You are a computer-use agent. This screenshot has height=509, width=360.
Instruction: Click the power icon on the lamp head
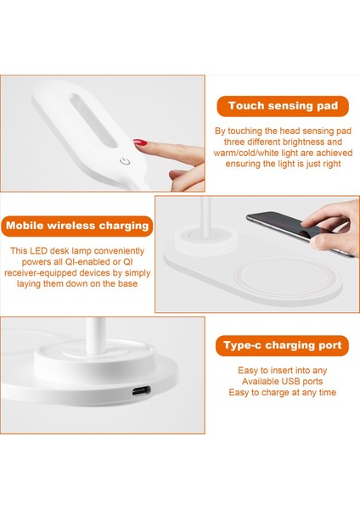(x=125, y=161)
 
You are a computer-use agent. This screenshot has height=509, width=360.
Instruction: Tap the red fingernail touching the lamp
(x=140, y=143)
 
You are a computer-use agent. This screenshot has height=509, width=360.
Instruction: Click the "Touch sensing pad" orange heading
(x=283, y=106)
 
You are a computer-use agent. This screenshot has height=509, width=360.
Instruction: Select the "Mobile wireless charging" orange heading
(x=77, y=226)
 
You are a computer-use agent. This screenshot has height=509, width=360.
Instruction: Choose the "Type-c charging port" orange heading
(x=283, y=345)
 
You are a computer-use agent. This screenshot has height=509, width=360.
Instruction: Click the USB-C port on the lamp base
(x=141, y=390)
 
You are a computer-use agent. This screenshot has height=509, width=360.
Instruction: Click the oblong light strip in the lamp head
(x=93, y=120)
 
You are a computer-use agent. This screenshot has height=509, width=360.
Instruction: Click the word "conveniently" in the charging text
(x=119, y=251)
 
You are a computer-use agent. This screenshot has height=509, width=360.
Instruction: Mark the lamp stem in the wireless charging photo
(x=205, y=216)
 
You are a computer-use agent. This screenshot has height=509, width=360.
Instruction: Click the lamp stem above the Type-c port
(x=96, y=335)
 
